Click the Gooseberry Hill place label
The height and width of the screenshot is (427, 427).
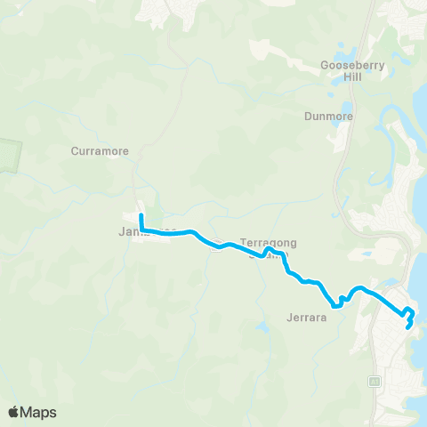tap(342, 70)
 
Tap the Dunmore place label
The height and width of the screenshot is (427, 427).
tap(329, 116)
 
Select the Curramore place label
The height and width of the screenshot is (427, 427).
tap(100, 151)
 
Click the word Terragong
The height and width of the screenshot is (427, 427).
tap(268, 242)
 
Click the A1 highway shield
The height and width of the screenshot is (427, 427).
tap(375, 381)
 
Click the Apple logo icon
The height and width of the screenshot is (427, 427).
tap(14, 412)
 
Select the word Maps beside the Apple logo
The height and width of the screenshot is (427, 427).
tap(40, 412)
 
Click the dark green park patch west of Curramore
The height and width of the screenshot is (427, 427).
tap(9, 157)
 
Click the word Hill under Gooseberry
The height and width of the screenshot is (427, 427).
tap(342, 77)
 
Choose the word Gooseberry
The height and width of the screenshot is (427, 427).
tap(342, 64)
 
